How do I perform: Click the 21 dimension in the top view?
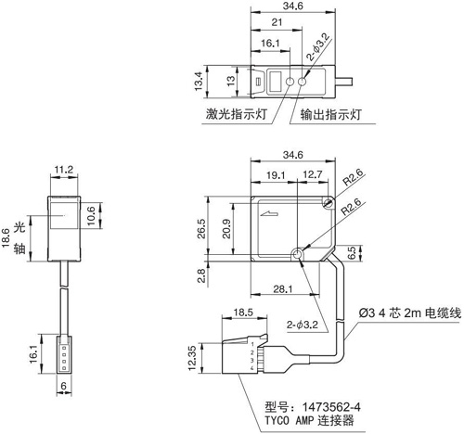pos(277,22)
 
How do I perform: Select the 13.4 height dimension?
pos(199,82)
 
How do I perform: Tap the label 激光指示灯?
pos(237,114)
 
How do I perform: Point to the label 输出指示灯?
pos(331,114)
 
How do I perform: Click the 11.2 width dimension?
pos(64,170)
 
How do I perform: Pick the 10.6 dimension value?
pos(91,216)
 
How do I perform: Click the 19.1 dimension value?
pos(276,175)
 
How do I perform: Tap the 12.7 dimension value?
pos(312,174)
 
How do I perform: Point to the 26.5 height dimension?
pos(202,229)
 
